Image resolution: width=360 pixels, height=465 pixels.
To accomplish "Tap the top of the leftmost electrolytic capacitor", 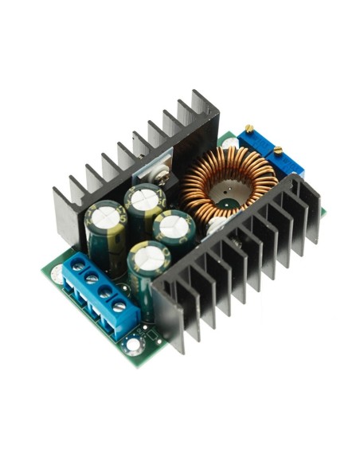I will tap(106, 213).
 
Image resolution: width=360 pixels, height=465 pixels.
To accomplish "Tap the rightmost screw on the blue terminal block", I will tap(119, 305).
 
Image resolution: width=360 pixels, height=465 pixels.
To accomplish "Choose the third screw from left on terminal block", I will tap(105, 292).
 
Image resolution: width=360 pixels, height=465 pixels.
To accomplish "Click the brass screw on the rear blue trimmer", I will tap(250, 130).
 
